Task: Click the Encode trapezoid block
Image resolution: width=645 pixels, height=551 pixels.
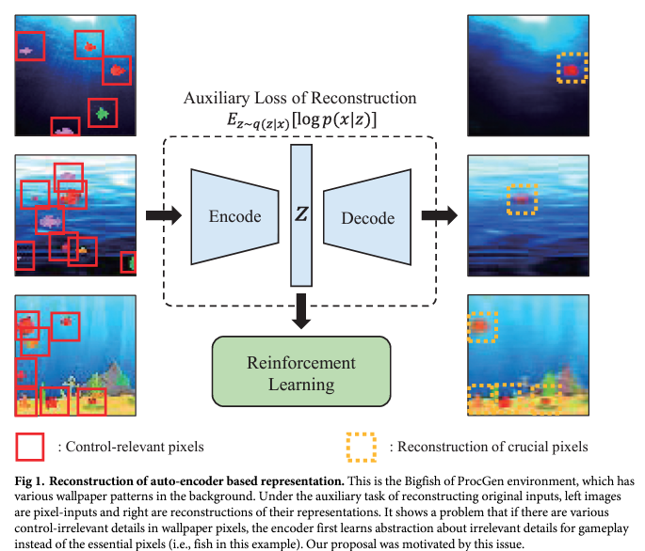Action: (x=234, y=216)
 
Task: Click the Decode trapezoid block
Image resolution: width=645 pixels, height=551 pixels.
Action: (x=367, y=217)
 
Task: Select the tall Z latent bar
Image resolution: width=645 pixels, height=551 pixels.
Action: (x=301, y=215)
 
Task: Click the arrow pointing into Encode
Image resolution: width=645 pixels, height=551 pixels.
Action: (x=164, y=216)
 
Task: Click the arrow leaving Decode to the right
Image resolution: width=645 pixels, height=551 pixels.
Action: (x=436, y=216)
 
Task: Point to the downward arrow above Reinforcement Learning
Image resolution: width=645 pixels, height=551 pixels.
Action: (x=301, y=311)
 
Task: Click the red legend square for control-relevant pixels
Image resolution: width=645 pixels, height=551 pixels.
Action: (x=29, y=446)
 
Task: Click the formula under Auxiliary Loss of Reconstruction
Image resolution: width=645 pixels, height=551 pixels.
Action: (x=301, y=120)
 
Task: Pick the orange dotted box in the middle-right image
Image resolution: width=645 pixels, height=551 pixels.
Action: (x=523, y=199)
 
